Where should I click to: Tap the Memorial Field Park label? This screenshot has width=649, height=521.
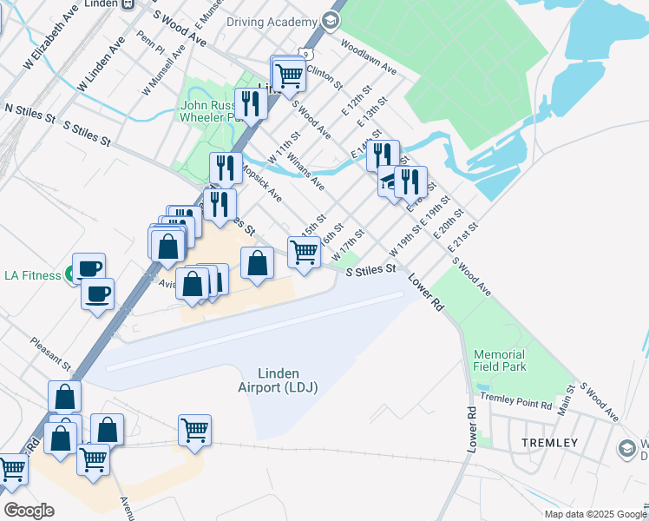(x=500, y=360)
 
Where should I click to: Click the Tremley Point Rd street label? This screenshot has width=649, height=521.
(x=515, y=406)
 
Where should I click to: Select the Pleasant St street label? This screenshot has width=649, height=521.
(x=50, y=353)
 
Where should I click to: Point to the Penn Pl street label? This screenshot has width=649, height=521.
(x=150, y=43)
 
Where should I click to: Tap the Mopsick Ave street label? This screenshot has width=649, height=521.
(x=262, y=183)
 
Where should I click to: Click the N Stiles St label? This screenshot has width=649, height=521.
(x=29, y=110)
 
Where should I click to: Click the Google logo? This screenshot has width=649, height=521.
(x=29, y=511)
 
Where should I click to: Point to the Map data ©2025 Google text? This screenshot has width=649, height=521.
(x=595, y=514)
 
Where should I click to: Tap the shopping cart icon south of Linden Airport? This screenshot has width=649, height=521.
(x=195, y=429)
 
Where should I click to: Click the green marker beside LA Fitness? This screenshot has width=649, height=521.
(x=69, y=276)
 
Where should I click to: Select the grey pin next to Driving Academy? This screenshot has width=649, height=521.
(x=330, y=20)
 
